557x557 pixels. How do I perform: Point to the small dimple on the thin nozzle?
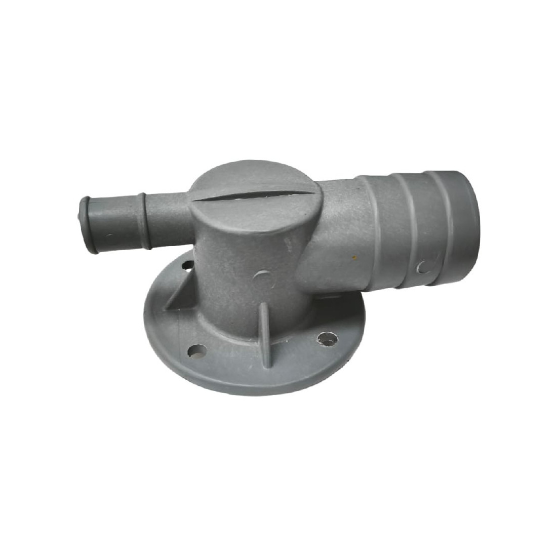[x=109, y=236]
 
